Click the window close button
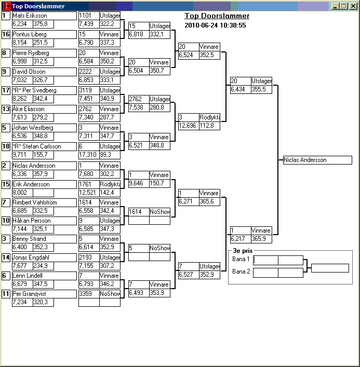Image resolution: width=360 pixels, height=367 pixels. tap(353, 6)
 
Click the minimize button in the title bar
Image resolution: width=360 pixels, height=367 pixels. tap(335, 6)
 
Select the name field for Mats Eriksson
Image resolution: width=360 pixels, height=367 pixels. tap(45, 16)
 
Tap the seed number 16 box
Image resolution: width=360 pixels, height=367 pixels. tap(6, 34)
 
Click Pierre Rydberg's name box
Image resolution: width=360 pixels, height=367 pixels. tap(45, 53)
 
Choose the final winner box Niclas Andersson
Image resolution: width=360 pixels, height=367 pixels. tap(317, 160)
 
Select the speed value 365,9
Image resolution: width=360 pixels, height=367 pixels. tap(261, 239)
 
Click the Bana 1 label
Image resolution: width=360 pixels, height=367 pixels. tap(241, 259)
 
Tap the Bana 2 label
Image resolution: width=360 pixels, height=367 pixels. tap(241, 271)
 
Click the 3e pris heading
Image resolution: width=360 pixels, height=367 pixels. tap(243, 251)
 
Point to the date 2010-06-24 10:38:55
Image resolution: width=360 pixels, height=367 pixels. tap(215, 25)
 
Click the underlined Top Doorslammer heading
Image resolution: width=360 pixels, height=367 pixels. tap(217, 16)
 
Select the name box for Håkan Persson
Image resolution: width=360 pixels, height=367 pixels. tap(45, 221)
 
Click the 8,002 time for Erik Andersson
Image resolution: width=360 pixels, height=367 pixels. tap(22, 193)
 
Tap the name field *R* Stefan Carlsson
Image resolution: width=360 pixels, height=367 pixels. tap(45, 147)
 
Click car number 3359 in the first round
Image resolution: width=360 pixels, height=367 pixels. tap(89, 294)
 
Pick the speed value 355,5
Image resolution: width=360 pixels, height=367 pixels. tap(261, 89)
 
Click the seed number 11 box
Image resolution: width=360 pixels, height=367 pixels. tap(6, 294)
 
